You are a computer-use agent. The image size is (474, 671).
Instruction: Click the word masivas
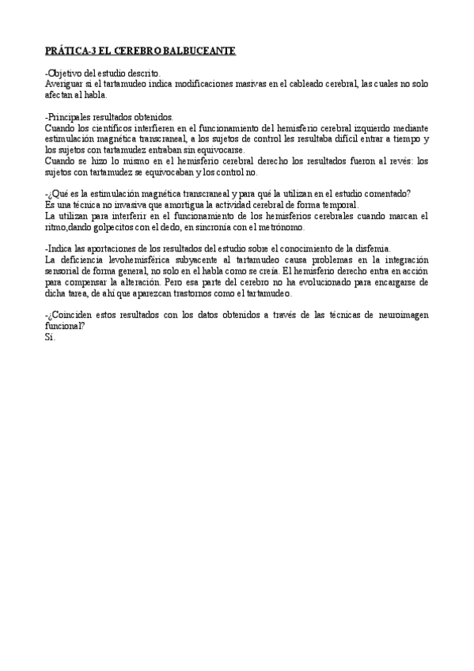249,82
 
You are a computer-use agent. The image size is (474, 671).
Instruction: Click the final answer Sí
51,337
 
